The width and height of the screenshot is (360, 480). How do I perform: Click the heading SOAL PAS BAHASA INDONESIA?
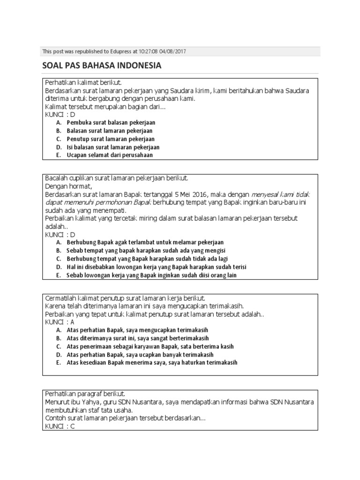click(102, 66)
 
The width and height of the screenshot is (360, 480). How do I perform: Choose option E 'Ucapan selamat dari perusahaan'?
click(110, 155)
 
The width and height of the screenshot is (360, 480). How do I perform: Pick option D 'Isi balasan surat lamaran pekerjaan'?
click(113, 147)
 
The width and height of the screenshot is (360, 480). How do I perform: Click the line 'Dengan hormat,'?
click(67, 186)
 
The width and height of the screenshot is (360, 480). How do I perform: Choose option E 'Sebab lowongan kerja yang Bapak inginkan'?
click(151, 275)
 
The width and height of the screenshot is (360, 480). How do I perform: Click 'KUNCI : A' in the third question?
click(60, 322)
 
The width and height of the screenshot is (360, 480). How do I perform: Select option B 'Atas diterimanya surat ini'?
click(138, 338)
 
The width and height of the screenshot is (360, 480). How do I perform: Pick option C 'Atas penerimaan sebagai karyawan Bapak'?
click(150, 346)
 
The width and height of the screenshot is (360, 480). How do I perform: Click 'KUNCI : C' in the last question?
click(60, 427)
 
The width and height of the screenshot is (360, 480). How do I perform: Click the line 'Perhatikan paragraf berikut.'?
click(85, 394)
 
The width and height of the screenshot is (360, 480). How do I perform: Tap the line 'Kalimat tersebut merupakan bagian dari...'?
click(105, 106)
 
